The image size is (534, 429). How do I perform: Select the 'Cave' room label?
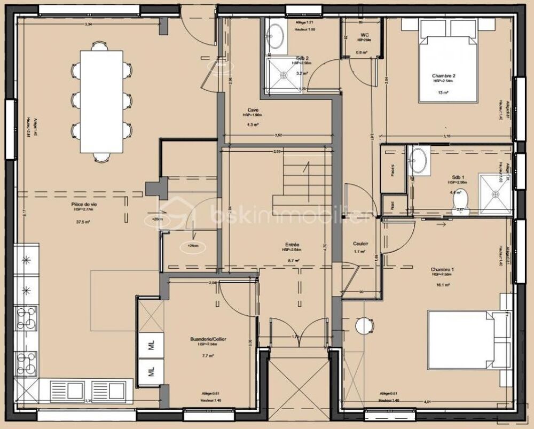pyautogui.click(x=253, y=110)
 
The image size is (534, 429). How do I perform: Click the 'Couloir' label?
pyautogui.click(x=360, y=244)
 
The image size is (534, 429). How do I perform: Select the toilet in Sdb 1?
pyautogui.click(x=460, y=201)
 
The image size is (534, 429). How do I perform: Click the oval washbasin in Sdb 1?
pyautogui.click(x=418, y=161)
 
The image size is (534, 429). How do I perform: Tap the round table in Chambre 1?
pyautogui.click(x=364, y=326)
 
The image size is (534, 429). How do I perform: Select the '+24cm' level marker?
pyautogui.click(x=190, y=246)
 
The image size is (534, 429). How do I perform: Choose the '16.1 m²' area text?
pyautogui.click(x=442, y=285)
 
